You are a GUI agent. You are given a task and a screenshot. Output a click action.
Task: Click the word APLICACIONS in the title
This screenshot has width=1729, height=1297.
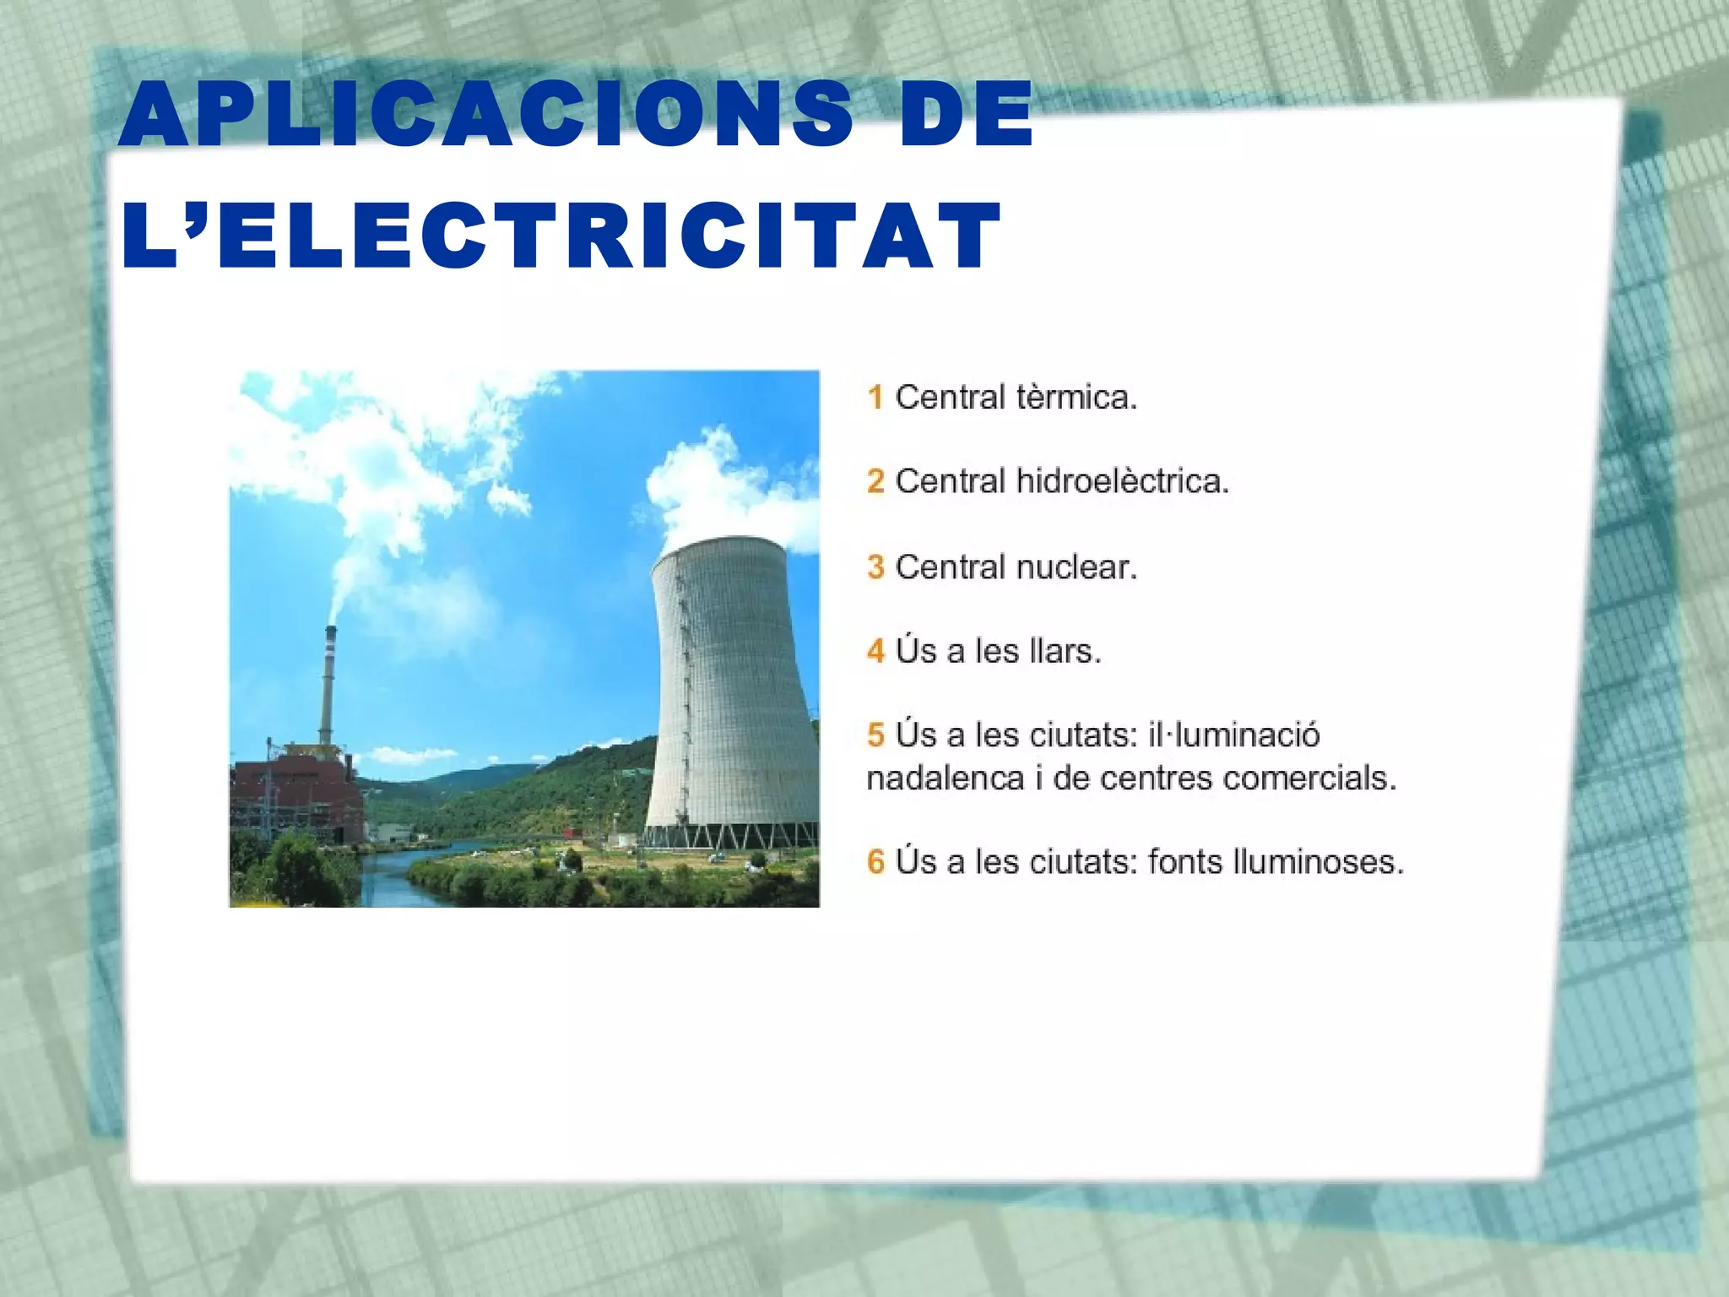[486, 113]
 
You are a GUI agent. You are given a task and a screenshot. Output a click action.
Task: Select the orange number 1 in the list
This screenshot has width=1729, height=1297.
[875, 397]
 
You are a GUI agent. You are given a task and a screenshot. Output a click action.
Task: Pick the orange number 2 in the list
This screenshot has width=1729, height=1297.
[875, 481]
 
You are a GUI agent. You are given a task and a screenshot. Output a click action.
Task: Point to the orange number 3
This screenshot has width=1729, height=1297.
[875, 567]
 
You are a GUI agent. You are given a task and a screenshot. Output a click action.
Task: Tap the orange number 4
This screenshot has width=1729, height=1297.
[875, 651]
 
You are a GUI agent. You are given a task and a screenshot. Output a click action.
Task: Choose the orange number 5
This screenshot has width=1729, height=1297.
[875, 735]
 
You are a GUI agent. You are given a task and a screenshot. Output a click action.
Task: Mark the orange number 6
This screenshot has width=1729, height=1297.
[875, 862]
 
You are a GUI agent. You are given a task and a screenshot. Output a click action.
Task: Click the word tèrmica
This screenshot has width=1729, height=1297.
[1076, 397]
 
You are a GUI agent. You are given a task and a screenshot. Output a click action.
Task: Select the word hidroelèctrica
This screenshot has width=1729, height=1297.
[1122, 481]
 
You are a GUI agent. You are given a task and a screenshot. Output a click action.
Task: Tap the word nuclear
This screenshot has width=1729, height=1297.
[1076, 567]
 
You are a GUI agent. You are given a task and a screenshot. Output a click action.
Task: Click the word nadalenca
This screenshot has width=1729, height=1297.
[946, 778]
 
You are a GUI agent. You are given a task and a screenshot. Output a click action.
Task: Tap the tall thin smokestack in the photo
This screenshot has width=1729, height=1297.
[327, 684]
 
